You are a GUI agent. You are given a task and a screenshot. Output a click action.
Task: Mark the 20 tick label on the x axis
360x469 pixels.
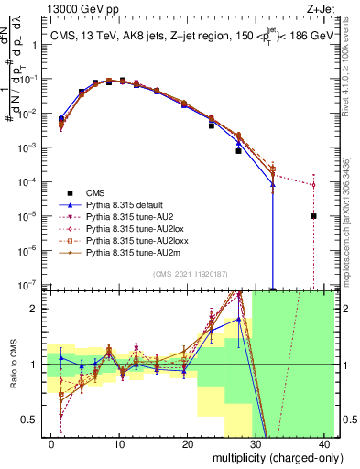pos(187,443)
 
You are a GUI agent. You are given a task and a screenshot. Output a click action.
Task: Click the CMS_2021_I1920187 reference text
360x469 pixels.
pos(190,273)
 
